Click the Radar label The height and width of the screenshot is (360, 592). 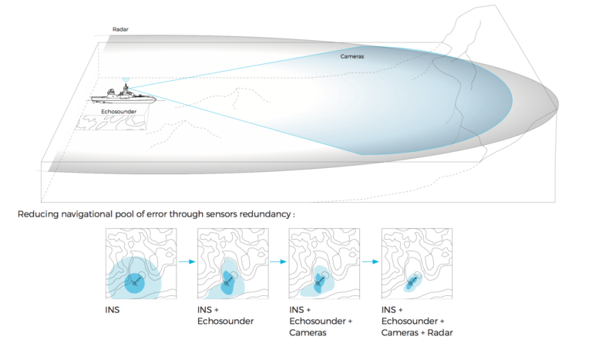tap(120, 30)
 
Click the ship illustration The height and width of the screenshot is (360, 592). tap(123, 96)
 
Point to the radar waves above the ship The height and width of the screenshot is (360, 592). tap(126, 79)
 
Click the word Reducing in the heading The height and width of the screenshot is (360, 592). tap(36, 214)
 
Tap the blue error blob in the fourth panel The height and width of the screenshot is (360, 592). tap(410, 284)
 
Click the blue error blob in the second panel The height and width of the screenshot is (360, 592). tap(227, 283)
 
